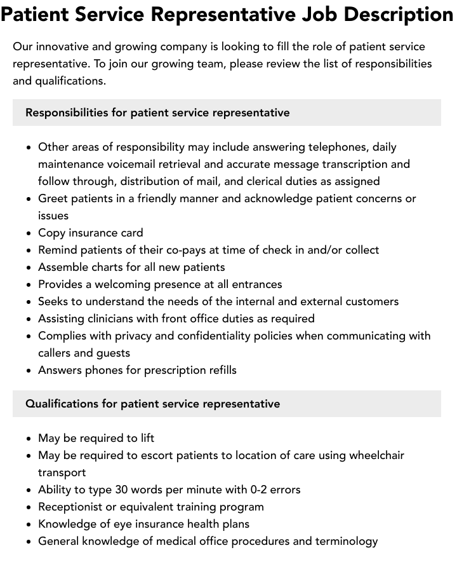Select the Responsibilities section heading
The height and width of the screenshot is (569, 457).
pyautogui.click(x=157, y=113)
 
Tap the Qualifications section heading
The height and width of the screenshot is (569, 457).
pyautogui.click(x=152, y=404)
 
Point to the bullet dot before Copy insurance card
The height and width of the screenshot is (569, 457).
pyautogui.click(x=29, y=233)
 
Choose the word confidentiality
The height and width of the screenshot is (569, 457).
pyautogui.click(x=213, y=336)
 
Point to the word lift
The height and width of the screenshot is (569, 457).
pyautogui.click(x=148, y=438)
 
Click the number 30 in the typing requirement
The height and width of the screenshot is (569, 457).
pyautogui.click(x=121, y=490)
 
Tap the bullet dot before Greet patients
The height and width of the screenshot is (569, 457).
pyautogui.click(x=29, y=199)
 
